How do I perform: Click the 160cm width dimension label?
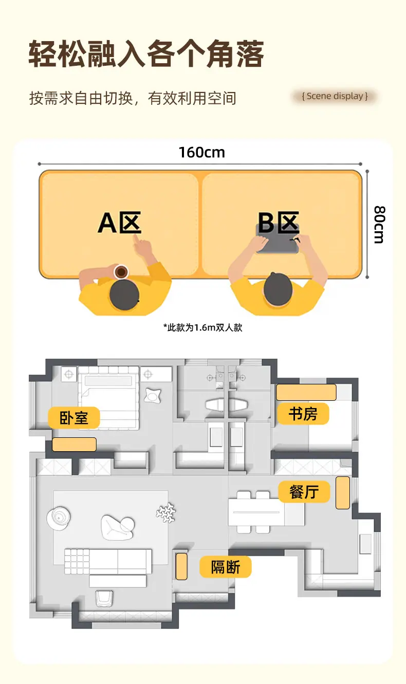(202, 153)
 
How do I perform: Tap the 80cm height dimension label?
(380, 225)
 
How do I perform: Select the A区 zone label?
(120, 223)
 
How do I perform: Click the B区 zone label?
(279, 222)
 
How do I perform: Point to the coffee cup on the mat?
(121, 271)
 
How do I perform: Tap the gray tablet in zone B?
(277, 238)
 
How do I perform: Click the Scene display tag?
(335, 96)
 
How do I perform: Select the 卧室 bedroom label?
(74, 418)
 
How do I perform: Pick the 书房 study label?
(303, 414)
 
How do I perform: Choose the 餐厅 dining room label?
(304, 492)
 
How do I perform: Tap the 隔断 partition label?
(226, 567)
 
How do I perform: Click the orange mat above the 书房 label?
(306, 392)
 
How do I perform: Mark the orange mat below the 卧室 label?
(74, 445)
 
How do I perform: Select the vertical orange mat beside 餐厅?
(343, 493)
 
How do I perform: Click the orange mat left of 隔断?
(181, 566)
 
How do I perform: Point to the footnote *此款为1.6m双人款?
(202, 328)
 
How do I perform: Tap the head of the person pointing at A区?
(124, 294)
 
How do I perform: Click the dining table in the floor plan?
(256, 512)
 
